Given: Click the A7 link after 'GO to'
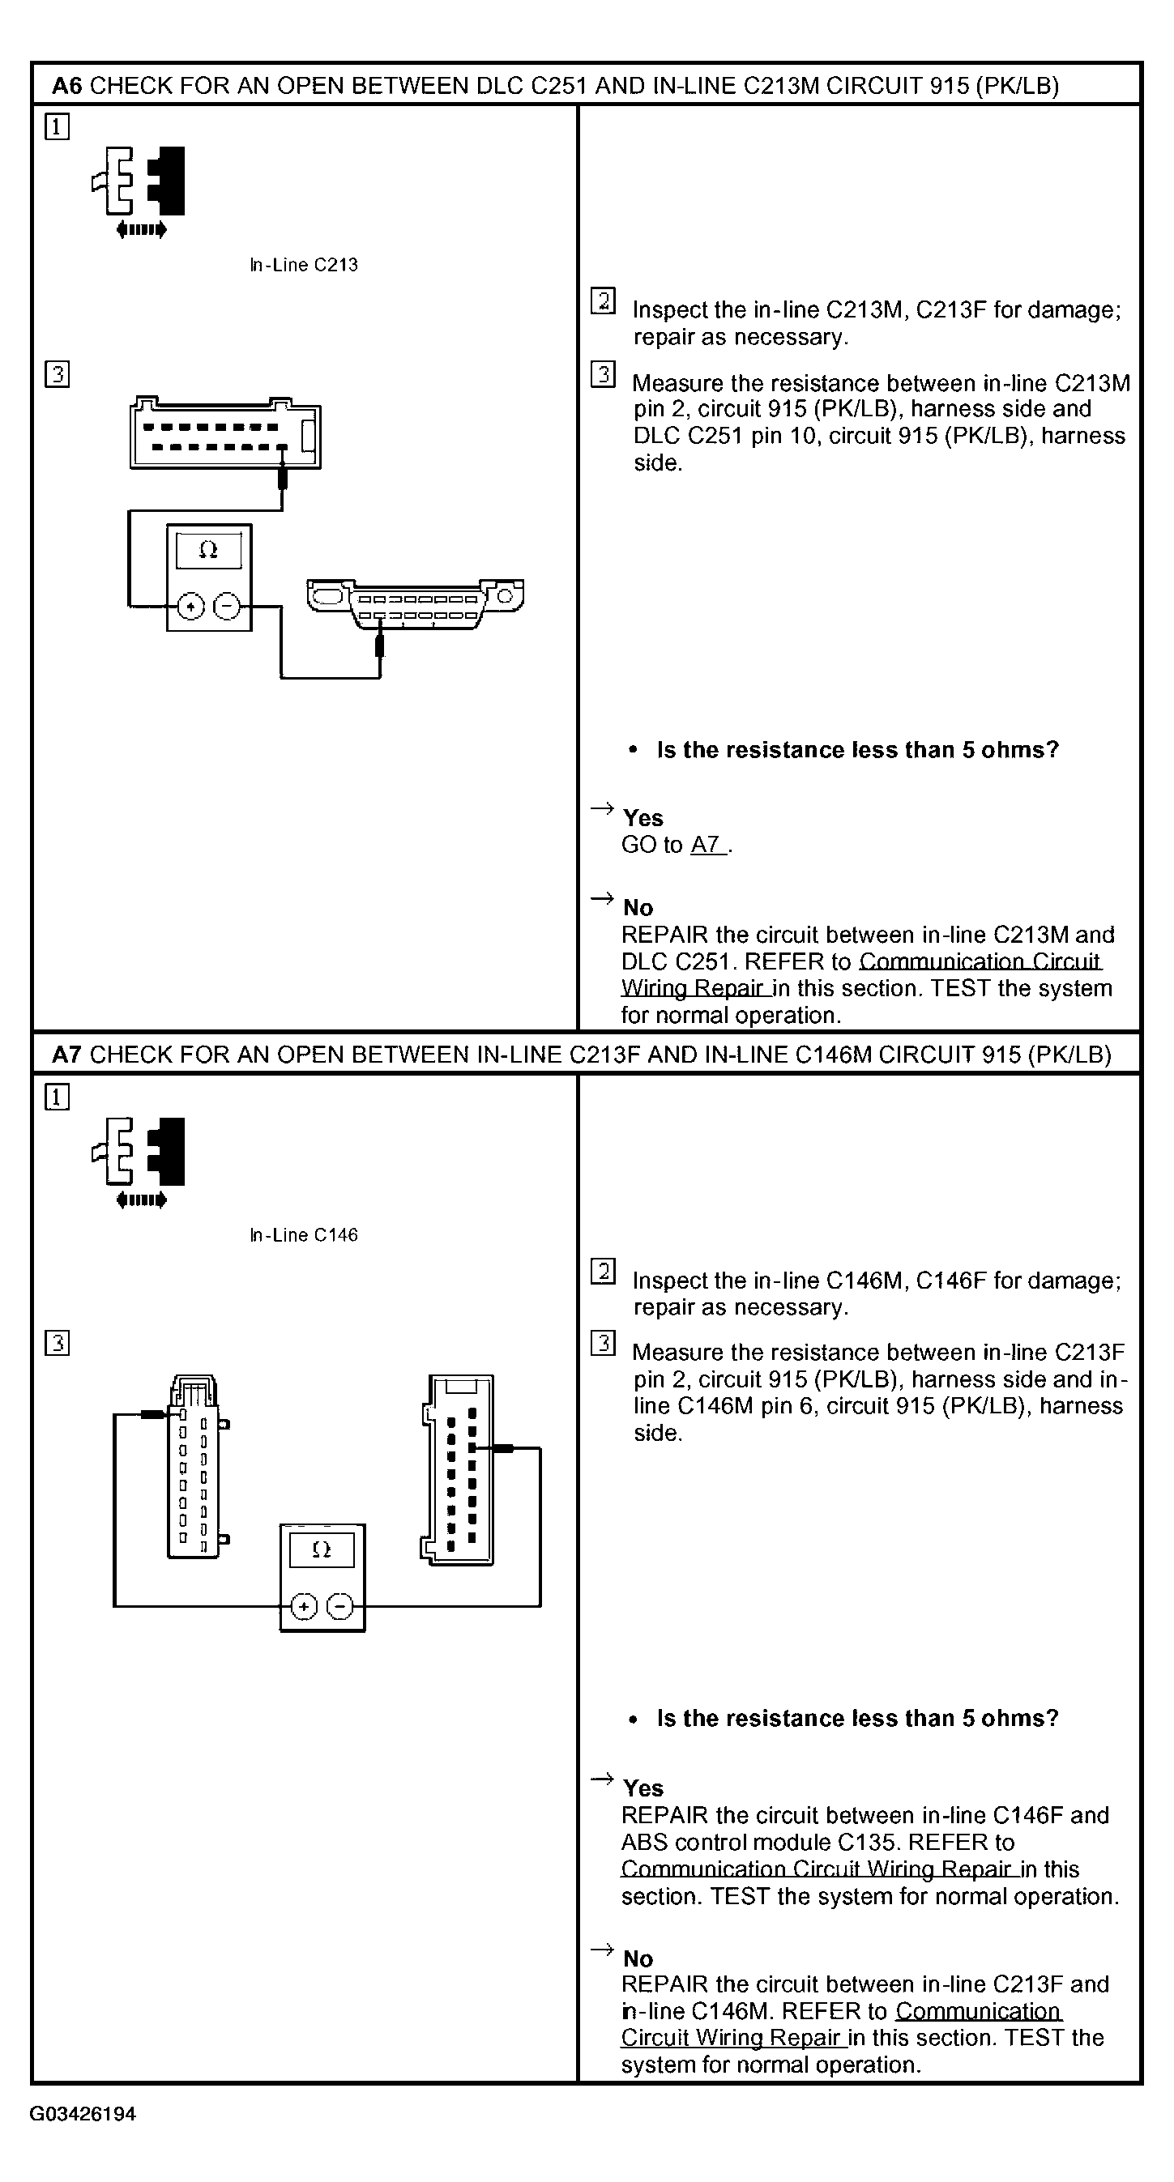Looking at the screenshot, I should coord(707,845).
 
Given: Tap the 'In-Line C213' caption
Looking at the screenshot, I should coord(303,265).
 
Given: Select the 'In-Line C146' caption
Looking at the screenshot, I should coord(303,1235).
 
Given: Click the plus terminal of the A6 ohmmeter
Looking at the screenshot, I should coord(191,607).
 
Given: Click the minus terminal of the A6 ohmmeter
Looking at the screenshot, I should coord(226,607).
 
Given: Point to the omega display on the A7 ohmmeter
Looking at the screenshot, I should coord(321,1550).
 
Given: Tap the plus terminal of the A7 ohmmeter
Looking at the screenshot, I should coord(304,1606).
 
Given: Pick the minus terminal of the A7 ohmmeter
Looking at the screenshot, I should coord(339,1606).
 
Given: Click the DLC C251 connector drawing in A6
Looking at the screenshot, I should coord(415,603).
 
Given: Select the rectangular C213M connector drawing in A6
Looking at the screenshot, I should coord(225,433).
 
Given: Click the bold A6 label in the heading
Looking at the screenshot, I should coord(67,86).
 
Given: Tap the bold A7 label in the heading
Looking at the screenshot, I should coord(67,1055).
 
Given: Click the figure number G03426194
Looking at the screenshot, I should coord(83,2113).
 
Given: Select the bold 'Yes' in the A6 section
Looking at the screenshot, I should coord(643,818).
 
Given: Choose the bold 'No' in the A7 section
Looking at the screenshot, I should coord(638,1958).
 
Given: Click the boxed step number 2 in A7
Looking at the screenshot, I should coord(602,1272).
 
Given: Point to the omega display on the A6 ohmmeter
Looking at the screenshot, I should coord(208,551).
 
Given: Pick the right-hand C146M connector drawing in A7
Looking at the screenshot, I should coord(459,1468).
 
